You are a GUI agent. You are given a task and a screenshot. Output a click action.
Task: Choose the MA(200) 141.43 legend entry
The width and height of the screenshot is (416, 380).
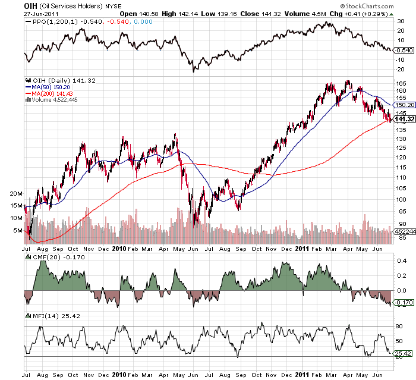coord(53,93)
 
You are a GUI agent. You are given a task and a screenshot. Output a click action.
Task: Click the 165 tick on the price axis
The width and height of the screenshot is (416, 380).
coord(401,83)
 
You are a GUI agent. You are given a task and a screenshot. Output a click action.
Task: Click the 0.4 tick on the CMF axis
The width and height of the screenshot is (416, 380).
coord(401,261)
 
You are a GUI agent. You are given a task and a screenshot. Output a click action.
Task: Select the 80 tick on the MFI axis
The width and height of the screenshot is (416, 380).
coord(399,326)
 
